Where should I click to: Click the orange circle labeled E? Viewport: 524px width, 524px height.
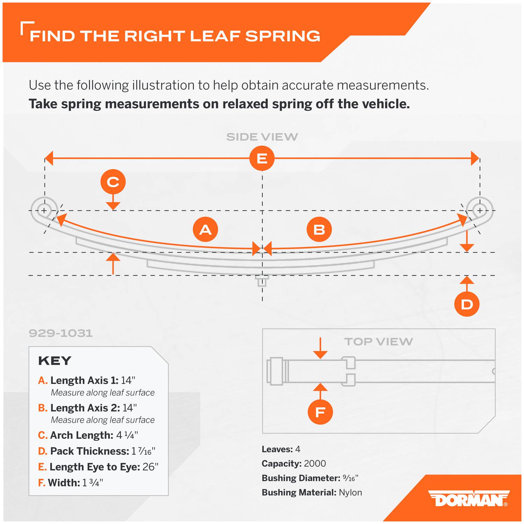coord(262,158)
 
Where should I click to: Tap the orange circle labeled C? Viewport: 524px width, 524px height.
coord(113,182)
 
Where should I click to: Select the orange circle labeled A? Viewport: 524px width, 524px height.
coord(205,230)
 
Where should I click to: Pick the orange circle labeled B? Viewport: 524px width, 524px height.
coord(319,230)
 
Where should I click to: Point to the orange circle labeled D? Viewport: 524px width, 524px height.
coord(467,304)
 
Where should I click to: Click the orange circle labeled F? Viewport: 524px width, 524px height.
coord(320,412)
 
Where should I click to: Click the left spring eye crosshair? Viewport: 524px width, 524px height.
coord(44,211)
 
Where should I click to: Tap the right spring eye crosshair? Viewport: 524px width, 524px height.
coord(480,211)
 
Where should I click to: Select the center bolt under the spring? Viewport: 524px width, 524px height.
coord(262,281)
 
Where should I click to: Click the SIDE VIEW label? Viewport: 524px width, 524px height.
coord(262,137)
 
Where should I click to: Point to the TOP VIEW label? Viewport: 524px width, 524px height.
coord(379,342)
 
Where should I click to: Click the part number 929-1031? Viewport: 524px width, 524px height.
coord(61,333)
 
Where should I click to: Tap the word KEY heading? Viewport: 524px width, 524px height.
coord(55,361)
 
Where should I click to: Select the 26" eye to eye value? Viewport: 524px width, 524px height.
coord(151,467)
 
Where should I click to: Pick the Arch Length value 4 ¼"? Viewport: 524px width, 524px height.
coord(127,435)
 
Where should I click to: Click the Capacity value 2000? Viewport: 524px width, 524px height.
coord(315,464)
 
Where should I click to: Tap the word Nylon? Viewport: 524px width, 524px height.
coord(350,493)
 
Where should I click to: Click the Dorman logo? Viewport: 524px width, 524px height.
coord(469,498)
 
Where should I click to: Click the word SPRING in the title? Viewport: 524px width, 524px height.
coord(283,36)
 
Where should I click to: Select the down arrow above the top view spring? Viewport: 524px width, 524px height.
coord(320,348)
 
